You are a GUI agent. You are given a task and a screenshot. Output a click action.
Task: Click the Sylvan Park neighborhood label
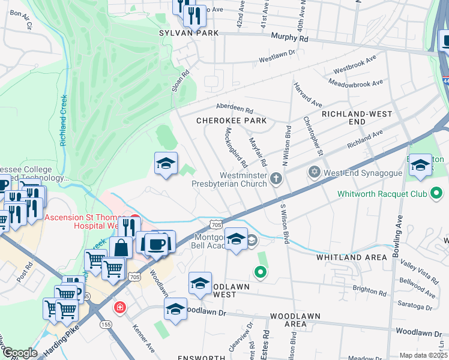(188, 33)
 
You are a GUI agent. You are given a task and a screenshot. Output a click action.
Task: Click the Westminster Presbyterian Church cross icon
(276, 178)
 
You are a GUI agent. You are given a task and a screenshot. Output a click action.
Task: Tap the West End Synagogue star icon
(313, 172)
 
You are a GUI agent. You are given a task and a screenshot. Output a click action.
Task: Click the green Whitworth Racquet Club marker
(437, 193)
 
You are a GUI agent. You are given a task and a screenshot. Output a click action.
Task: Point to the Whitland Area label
(351, 257)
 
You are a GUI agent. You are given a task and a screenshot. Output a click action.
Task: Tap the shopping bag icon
(121, 247)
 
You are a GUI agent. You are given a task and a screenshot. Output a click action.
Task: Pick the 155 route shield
(106, 324)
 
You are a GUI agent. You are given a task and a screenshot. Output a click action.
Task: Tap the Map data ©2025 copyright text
(423, 355)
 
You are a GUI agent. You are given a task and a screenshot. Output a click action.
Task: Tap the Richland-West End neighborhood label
(357, 118)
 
